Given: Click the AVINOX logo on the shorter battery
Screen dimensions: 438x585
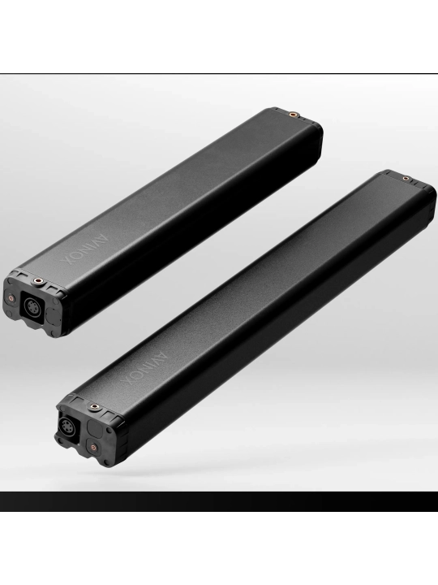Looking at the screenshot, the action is [84, 249].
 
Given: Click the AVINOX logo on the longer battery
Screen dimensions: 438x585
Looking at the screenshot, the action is [145, 370].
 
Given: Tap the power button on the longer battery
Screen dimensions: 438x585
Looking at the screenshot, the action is [92, 446].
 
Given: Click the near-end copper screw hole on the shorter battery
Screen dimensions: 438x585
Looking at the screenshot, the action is [37, 280].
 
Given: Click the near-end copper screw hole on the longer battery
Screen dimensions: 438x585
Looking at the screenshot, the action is [93, 406].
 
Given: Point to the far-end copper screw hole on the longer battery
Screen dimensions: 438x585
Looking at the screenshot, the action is [406, 178].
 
